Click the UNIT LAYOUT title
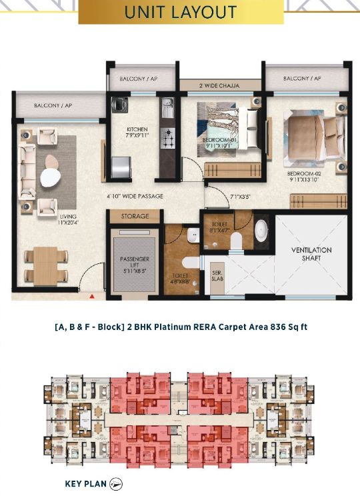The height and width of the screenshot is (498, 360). [181, 12]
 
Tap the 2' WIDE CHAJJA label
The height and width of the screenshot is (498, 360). [219, 85]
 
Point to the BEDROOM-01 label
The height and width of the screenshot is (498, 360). [220, 143]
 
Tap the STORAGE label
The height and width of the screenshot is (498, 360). [135, 217]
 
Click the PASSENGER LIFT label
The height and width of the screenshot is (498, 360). [135, 263]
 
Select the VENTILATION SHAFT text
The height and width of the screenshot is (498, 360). [311, 254]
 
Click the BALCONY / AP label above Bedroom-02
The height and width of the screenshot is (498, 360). [301, 79]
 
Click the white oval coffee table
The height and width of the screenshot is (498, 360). [50, 177]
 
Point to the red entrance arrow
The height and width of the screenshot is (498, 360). [91, 294]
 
